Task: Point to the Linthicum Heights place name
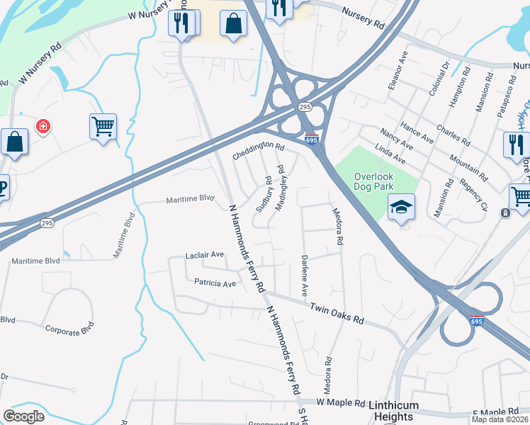point(403,411)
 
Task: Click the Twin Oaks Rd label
point(337,312)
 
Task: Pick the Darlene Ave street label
point(305,276)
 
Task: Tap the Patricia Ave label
point(215,283)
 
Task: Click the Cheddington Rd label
point(259,149)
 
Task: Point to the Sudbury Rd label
point(264,193)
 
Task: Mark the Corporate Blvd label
point(69,330)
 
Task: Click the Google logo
point(24,416)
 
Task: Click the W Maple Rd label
point(339,402)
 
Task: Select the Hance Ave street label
point(417,130)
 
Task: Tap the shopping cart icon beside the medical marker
point(103,127)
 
